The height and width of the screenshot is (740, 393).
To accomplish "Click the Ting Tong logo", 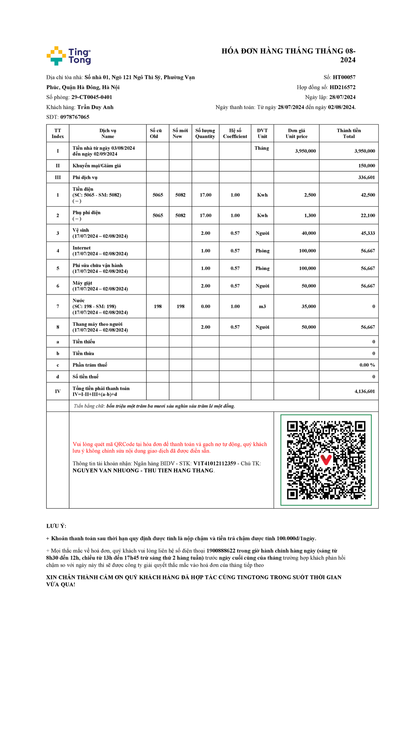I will point(69,56).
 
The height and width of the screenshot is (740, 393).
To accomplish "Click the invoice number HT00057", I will point(344,77).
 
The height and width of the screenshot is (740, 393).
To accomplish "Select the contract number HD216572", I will point(342,87).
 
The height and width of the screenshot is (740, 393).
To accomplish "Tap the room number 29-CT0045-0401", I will point(92,97).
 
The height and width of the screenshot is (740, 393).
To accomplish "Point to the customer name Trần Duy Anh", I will point(95,107).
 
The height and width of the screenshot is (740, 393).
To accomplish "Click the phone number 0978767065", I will point(75,117).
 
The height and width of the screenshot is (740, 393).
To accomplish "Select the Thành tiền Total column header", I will point(349,133).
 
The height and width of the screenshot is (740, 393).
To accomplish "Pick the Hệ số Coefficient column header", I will point(235,133).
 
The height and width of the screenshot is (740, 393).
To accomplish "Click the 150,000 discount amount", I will point(366,166).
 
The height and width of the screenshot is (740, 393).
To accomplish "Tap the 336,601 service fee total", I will point(366,178).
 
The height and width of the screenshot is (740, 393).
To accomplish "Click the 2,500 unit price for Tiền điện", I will point(310,195).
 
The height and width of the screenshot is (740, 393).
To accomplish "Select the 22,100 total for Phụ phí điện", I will point(368,216).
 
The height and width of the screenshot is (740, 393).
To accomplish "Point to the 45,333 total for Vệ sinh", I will point(368,233).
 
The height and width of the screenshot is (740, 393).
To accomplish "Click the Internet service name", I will point(82,248).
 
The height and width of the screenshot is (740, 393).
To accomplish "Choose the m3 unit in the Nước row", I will point(262,307).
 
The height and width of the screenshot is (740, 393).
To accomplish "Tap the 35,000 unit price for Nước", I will point(309,307).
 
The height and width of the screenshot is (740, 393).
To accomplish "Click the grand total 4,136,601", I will point(365,391).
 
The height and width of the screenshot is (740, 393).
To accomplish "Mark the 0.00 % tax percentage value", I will point(367,365).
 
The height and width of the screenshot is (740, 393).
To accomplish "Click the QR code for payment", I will point(326,460).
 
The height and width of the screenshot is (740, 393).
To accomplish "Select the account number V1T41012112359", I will point(215,464).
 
